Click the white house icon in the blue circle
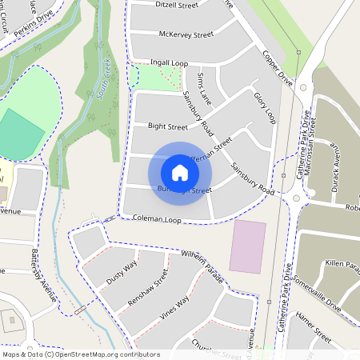pyautogui.click(x=180, y=173)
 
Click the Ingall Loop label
pyautogui.click(x=169, y=62)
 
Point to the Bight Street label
pyautogui.click(x=168, y=126)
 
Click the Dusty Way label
pyautogui.click(x=122, y=270)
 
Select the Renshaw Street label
pyautogui.click(x=148, y=292)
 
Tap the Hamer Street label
pyautogui.click(x=313, y=329)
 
